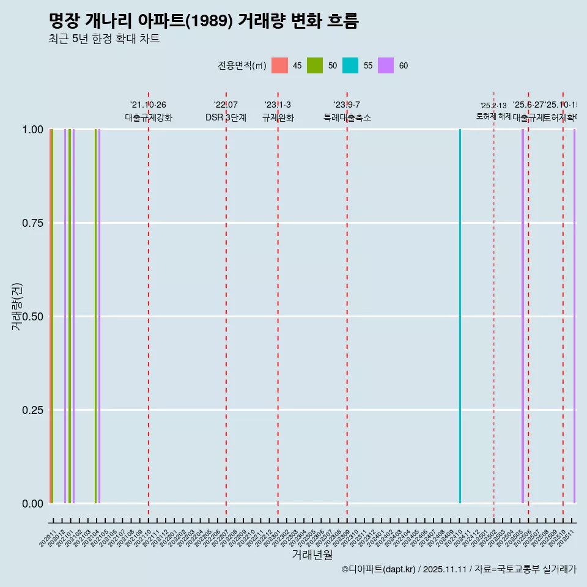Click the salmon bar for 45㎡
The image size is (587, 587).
pos(51,316)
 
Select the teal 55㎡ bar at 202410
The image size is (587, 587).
pos(460,316)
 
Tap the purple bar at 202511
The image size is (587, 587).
pos(574,316)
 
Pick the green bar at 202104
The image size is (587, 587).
pos(95,316)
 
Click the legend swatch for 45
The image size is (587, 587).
pos(279,65)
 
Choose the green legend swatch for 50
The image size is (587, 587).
pos(315,65)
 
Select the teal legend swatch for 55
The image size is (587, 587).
pos(350,65)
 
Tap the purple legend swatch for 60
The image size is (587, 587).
pos(386,65)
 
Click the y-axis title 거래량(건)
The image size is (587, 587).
pos(17,306)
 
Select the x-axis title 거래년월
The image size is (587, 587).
pos(312,555)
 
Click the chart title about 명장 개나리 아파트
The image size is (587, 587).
pos(203,21)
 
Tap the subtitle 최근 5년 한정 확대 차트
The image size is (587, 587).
pos(104,39)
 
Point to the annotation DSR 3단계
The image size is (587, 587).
pos(226,118)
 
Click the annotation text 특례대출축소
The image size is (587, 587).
pos(347,118)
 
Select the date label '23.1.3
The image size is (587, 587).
pos(278,105)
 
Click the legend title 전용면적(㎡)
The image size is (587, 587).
pos(242,65)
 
